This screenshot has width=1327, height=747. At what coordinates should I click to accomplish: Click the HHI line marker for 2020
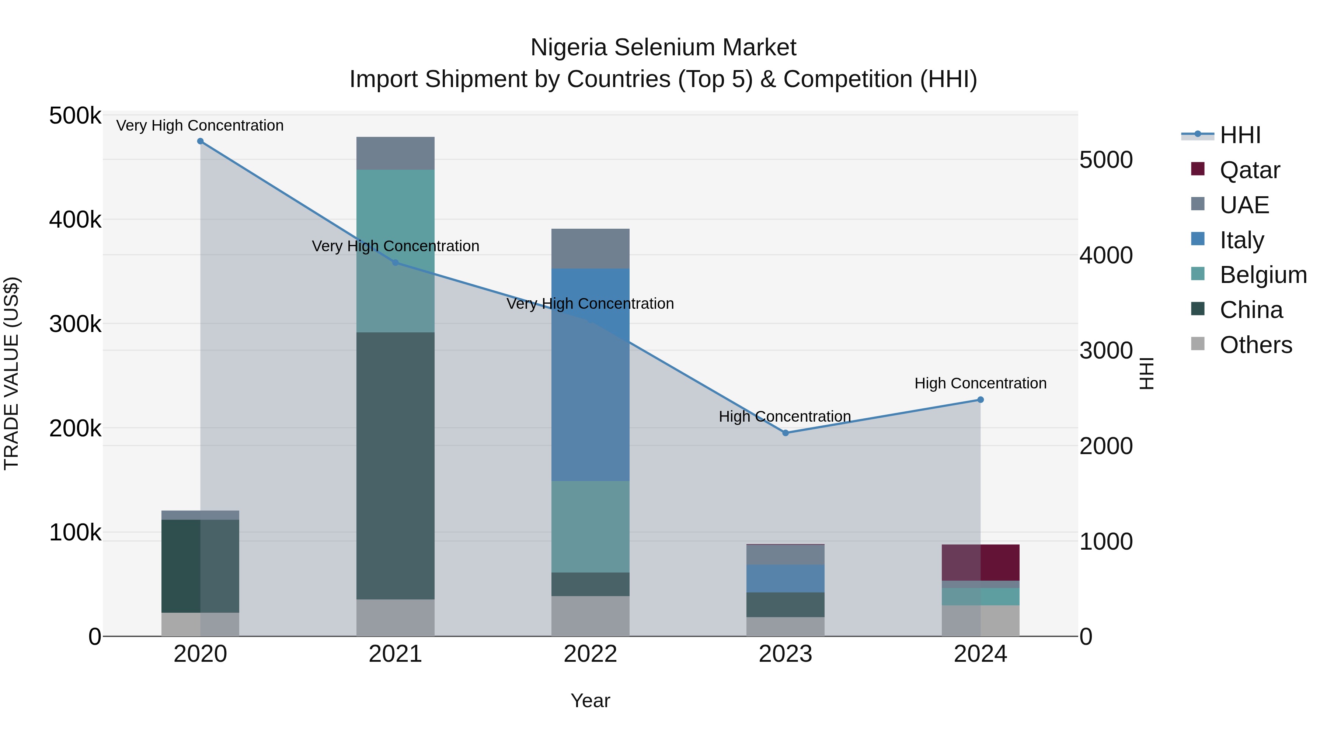(x=201, y=141)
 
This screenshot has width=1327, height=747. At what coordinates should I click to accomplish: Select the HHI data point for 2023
(x=786, y=433)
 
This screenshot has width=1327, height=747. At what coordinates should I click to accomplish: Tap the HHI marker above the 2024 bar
(x=980, y=400)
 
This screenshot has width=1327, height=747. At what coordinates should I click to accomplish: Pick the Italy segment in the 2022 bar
(x=591, y=374)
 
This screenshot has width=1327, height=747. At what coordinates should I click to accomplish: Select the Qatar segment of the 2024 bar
(x=980, y=563)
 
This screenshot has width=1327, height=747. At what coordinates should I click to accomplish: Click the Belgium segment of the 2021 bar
(x=395, y=251)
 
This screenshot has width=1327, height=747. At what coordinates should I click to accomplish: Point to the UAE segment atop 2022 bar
(x=591, y=249)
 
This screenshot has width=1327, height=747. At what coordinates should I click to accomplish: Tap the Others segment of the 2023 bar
(x=786, y=626)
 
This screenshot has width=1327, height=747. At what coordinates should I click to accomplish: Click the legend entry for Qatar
(x=1249, y=170)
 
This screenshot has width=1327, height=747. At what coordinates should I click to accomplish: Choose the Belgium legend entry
(x=1262, y=275)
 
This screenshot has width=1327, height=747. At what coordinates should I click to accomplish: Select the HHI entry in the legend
(x=1239, y=135)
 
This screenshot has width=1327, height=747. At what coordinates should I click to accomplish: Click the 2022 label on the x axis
(x=591, y=654)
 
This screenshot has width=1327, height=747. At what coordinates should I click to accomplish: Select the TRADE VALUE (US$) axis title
(x=11, y=374)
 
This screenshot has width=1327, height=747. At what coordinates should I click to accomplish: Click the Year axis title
(x=591, y=701)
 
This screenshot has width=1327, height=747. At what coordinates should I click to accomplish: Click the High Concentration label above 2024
(x=980, y=384)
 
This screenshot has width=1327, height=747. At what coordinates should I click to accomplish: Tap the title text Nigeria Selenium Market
(x=663, y=48)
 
